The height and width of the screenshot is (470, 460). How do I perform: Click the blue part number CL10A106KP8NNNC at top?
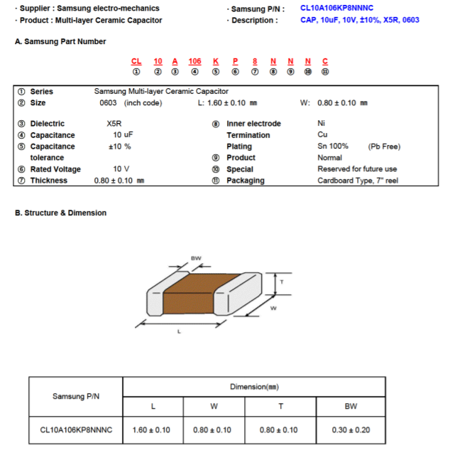336,8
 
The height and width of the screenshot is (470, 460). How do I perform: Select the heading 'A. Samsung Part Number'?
60,42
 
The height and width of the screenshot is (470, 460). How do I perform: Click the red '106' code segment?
195,62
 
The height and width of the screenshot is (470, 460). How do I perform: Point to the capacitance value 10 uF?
123,135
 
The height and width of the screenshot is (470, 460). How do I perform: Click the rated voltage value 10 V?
121,169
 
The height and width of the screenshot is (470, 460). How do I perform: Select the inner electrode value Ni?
322,124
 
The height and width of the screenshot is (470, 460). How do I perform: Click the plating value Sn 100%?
333,146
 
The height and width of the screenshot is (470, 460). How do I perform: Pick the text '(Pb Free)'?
384,146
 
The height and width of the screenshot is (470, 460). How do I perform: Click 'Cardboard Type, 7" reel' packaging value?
357,181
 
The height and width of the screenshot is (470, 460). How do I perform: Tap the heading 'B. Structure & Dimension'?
61,213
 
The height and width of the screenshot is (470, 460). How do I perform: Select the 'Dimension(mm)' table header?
254,387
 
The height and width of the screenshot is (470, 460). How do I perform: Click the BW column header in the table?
351,407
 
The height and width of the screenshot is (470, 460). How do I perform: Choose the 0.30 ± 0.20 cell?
351,430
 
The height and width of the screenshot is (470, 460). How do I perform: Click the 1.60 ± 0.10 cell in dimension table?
152,430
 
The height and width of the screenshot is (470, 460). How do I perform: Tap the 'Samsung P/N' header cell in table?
76,397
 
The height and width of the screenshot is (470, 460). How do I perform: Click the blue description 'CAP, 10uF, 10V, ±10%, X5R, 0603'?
360,20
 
